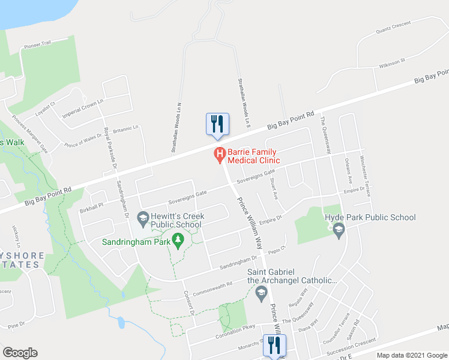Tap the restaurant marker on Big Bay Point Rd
pyautogui.click(x=217, y=124)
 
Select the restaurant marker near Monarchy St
pyautogui.click(x=274, y=345)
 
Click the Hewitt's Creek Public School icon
pyautogui.click(x=143, y=220)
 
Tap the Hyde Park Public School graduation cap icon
pyautogui.click(x=339, y=230)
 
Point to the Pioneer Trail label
pyautogui.click(x=38, y=44)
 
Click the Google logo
pyautogui.click(x=20, y=353)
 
